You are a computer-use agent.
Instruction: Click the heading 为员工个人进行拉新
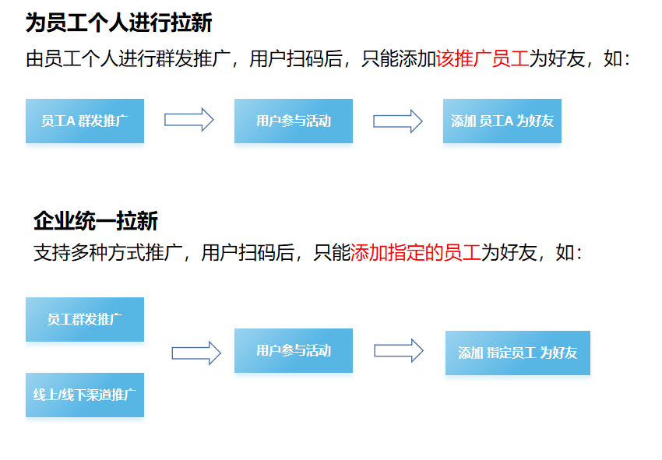point(118,23)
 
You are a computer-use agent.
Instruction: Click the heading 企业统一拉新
point(95,221)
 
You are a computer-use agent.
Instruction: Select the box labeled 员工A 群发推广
point(85,121)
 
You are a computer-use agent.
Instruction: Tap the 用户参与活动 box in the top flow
point(294,121)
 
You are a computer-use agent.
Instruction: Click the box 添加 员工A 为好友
point(502,121)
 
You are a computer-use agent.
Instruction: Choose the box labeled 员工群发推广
point(85,319)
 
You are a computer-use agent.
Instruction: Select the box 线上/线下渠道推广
point(85,395)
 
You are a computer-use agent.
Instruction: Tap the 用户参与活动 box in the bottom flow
point(294,350)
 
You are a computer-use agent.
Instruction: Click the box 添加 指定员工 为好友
point(518,353)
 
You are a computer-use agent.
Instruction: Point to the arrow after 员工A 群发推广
point(188,120)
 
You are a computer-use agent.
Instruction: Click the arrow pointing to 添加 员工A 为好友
point(397,121)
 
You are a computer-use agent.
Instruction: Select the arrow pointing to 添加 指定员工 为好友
point(398,350)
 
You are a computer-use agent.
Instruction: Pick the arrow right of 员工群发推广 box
point(196,353)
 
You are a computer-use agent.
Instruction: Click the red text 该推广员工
point(483,59)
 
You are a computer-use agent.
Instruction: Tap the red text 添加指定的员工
point(416,252)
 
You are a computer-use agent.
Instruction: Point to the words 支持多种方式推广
point(107,252)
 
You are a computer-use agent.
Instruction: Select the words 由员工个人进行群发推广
point(128,59)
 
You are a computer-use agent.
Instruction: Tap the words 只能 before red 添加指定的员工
point(332,252)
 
